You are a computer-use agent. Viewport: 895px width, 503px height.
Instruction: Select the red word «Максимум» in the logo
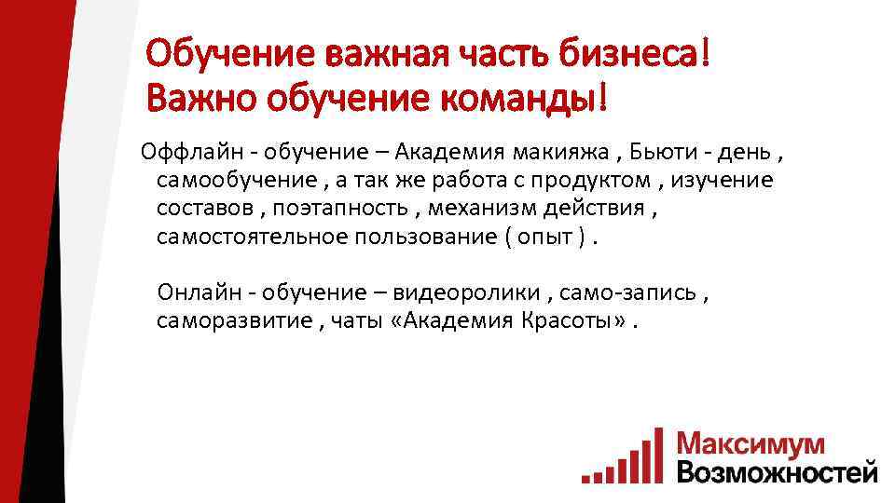coord(750,443)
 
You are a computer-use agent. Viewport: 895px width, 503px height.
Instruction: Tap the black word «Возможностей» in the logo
coord(778,470)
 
